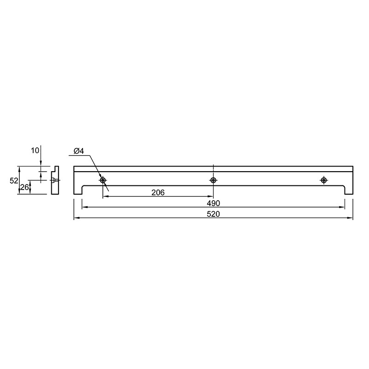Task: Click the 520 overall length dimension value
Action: [213, 214]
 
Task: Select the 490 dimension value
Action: [213, 203]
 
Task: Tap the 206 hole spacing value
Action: [158, 192]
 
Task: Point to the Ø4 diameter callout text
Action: [78, 151]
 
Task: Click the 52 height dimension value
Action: [14, 180]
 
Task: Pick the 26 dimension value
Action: [24, 187]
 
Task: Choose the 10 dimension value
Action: [35, 151]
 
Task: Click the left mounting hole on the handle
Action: [103, 180]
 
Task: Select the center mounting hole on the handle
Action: [213, 180]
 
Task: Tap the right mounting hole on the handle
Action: [324, 180]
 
